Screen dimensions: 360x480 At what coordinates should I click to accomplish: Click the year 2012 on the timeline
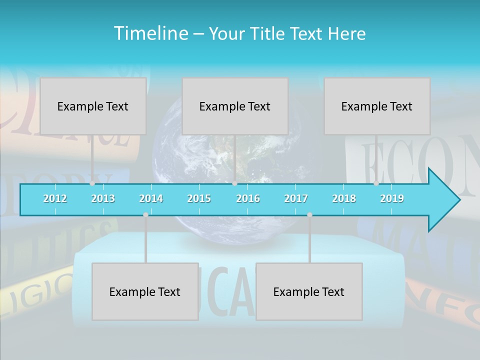coord(55,198)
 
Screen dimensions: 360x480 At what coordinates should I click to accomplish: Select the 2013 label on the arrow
coord(103,198)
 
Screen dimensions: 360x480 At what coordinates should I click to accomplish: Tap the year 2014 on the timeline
coord(151,198)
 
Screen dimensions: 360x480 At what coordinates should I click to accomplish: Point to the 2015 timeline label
coord(199,198)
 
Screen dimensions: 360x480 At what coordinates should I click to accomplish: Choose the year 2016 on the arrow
coord(248,198)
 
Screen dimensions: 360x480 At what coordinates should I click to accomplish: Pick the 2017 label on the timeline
coord(296,198)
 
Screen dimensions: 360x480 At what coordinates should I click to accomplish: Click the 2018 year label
coord(344,198)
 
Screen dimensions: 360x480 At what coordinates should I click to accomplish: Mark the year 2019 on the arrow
coord(392,198)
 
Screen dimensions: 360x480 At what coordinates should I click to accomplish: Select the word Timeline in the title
coord(151,33)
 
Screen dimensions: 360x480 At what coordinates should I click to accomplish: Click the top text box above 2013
coord(93,106)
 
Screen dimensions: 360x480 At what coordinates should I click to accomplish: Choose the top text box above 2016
coord(235,106)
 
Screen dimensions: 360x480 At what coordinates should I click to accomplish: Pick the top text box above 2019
coord(377,106)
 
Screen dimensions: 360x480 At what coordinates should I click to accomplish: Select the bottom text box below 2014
coord(145,291)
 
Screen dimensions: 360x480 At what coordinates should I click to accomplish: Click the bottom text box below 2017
coord(309,291)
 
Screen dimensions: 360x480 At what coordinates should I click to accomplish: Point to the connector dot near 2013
coord(92,183)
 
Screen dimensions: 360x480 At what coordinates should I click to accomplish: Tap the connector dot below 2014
coord(145,214)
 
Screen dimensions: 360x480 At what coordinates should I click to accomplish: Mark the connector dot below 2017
coord(309,214)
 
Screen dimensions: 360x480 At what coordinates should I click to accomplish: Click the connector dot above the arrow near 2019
coord(376,183)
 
